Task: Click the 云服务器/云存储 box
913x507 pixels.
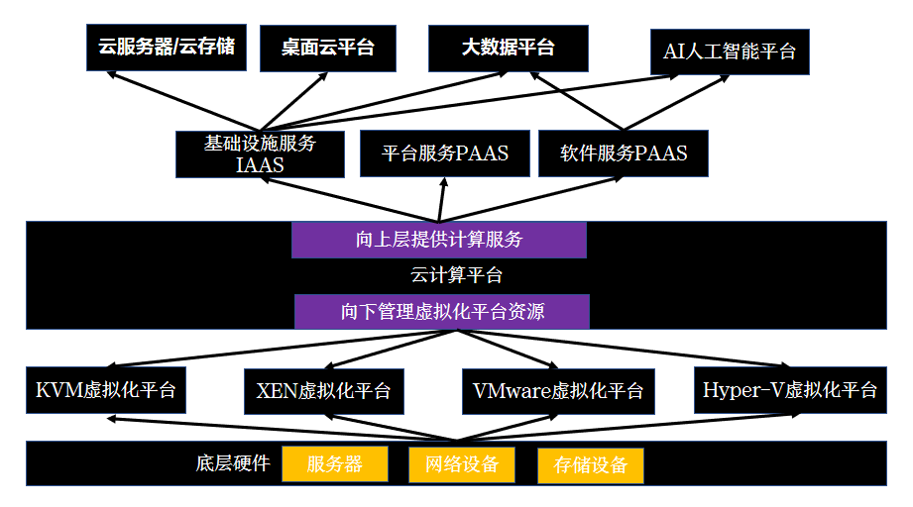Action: pyautogui.click(x=167, y=48)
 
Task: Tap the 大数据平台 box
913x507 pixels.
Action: pyautogui.click(x=508, y=48)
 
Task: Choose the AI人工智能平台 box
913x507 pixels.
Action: pyautogui.click(x=730, y=51)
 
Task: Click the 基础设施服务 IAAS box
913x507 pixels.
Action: pyautogui.click(x=260, y=153)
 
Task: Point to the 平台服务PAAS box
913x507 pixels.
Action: pyautogui.click(x=444, y=153)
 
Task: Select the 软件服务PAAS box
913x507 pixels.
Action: pyautogui.click(x=624, y=153)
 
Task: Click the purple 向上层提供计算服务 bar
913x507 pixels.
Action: pyautogui.click(x=438, y=240)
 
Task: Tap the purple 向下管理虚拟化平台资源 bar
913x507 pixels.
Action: pyautogui.click(x=442, y=311)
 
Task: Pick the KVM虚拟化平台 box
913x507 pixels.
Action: pyautogui.click(x=105, y=389)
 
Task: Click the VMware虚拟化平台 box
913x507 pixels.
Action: pyautogui.click(x=558, y=390)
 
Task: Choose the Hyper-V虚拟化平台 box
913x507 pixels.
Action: pyautogui.click(x=789, y=389)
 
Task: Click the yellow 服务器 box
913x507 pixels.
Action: pyautogui.click(x=335, y=464)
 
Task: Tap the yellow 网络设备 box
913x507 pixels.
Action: pyautogui.click(x=461, y=464)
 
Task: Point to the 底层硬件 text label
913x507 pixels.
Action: pyautogui.click(x=233, y=463)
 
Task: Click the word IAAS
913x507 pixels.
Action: pyautogui.click(x=260, y=165)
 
